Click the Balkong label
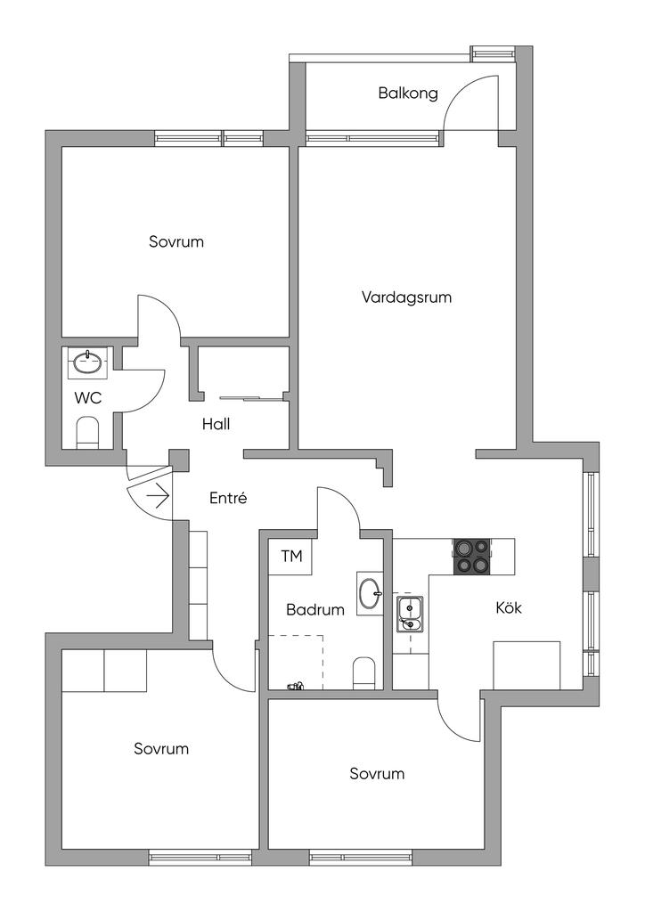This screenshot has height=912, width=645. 408,93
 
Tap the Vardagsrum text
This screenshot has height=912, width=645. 406,297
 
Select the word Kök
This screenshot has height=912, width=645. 509,609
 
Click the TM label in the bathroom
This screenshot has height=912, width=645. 291,558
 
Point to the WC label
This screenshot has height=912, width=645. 88,398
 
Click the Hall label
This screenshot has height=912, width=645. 216,425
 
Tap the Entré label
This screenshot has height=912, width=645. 227,499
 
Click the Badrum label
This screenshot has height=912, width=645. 315,611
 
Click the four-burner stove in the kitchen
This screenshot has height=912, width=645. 472,556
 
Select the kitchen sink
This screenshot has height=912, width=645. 409,614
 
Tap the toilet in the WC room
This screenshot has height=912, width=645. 88,433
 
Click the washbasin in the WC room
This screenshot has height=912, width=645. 88,362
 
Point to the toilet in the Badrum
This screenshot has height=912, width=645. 365,672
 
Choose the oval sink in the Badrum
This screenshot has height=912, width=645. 369,593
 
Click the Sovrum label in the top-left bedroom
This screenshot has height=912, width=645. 176,241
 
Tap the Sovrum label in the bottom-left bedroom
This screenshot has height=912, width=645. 161,749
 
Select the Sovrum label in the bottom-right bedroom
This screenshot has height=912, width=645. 377,774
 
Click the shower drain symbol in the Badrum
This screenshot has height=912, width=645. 295,687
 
